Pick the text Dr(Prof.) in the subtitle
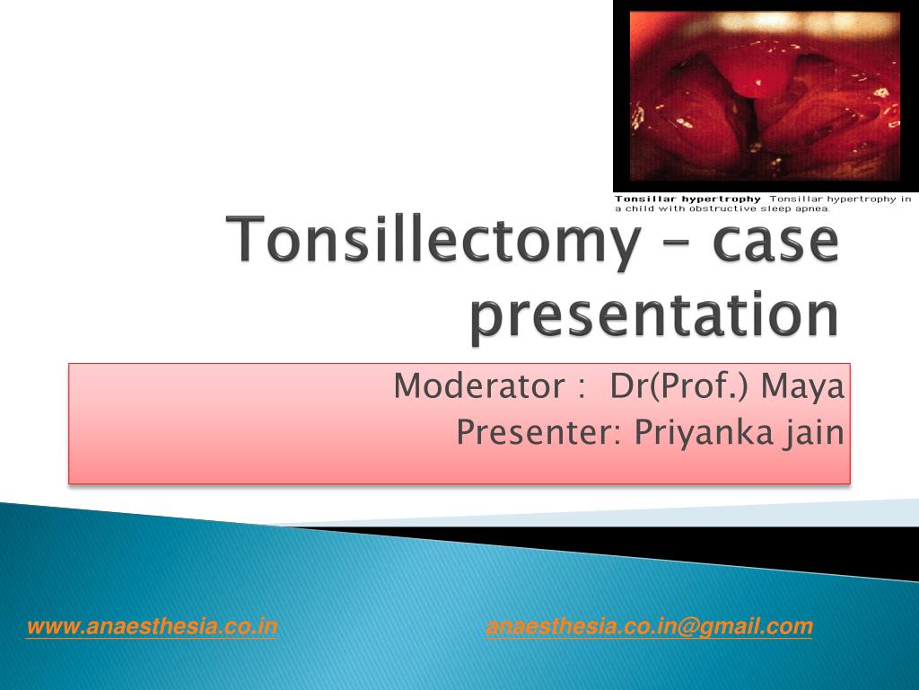pos(667,387)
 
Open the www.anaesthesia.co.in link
pos(152,627)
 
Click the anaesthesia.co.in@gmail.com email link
pos(649,627)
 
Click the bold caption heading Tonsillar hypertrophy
pos(687,199)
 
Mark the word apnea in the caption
pos(814,208)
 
